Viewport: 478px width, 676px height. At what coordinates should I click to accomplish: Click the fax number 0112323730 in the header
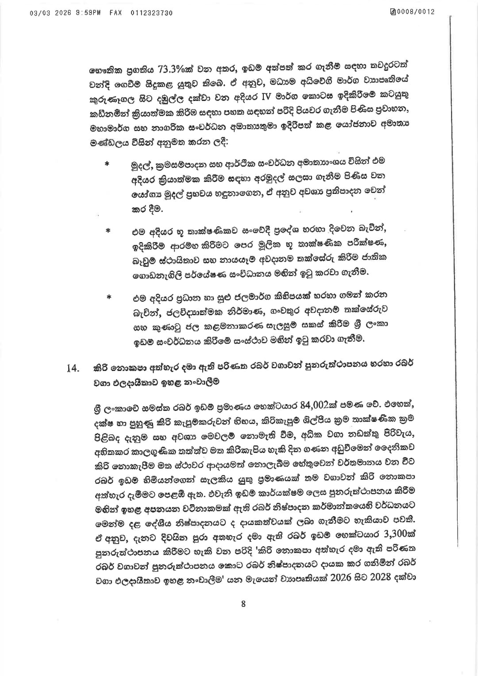151,13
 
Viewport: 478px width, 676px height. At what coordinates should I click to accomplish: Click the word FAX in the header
116,13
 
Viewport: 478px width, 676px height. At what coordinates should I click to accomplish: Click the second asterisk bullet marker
107,232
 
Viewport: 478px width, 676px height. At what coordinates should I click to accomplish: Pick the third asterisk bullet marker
108,298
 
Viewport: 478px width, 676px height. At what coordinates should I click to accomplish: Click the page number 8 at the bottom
243,604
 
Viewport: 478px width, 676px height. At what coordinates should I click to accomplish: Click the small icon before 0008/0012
393,12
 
